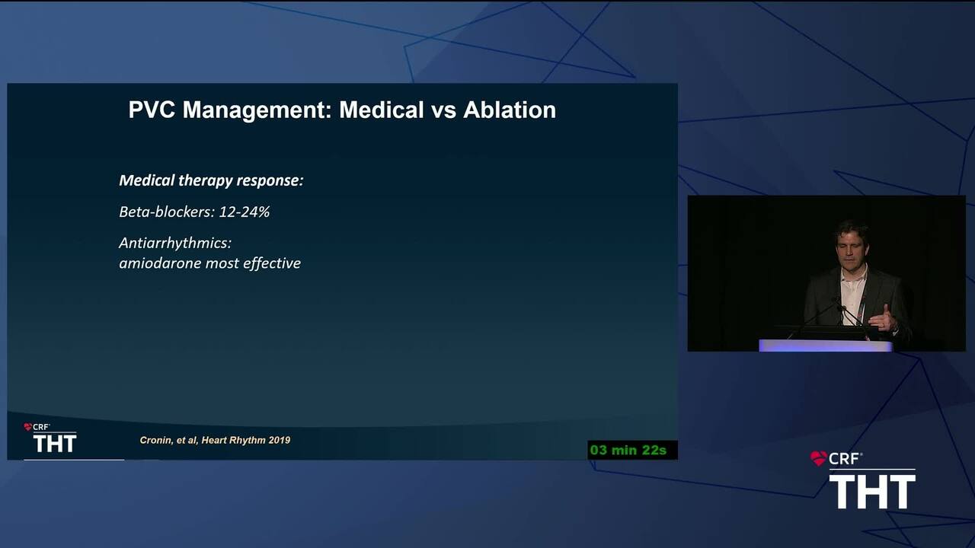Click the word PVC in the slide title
152,110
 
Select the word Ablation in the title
510,110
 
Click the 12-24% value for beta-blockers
245,212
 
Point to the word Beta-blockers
167,212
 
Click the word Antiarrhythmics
175,243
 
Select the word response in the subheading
270,181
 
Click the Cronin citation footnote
215,440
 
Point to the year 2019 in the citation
280,440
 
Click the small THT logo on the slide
55,444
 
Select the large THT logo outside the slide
872,492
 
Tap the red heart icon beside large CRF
818,458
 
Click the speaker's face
851,247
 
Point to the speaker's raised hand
884,318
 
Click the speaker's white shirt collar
853,275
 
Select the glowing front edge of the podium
825,346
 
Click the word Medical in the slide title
382,110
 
